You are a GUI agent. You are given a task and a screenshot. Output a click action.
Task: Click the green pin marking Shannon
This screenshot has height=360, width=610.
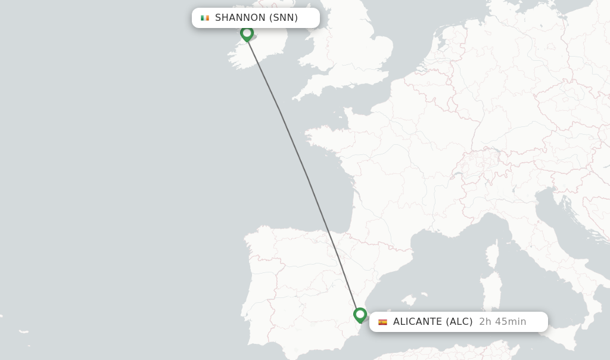tap(247, 33)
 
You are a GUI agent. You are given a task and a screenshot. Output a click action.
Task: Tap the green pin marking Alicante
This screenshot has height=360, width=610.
tap(360, 315)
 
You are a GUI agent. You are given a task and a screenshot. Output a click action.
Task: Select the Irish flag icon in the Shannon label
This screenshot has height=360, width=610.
tap(205, 18)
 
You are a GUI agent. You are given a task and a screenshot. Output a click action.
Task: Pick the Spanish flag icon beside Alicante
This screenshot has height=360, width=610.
tap(382, 322)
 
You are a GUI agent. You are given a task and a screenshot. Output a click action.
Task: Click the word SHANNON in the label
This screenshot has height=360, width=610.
tap(240, 18)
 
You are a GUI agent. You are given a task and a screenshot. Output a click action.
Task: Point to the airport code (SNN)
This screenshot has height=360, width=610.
tap(284, 18)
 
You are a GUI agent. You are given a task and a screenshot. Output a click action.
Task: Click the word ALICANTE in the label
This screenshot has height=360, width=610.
tap(417, 322)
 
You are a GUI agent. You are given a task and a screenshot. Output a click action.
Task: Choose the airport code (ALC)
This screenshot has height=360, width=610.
tap(459, 322)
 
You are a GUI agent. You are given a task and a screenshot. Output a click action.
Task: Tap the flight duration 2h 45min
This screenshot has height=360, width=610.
tap(503, 322)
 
